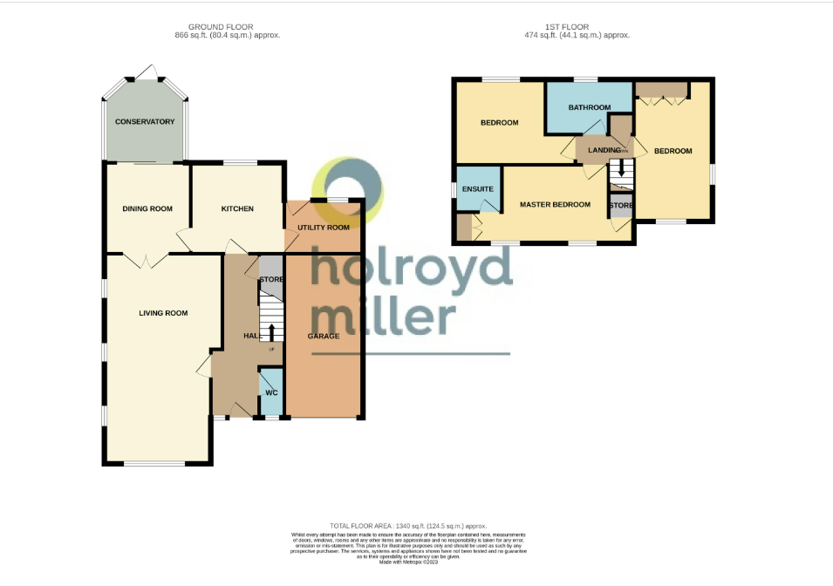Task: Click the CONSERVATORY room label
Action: coord(145,121)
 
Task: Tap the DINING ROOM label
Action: coord(147,209)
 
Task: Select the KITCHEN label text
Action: coord(237,209)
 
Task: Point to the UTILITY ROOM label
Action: coord(323,228)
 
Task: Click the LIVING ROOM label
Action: coord(163,313)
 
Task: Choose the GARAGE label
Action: coord(323,336)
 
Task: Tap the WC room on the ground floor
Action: coord(271,393)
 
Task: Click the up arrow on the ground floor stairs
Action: coord(271,332)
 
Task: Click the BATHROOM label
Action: coord(589,107)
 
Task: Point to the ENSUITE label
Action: coord(478,189)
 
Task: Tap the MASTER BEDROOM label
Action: coord(555,205)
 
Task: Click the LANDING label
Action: coord(604,151)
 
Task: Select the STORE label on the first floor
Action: coord(621,205)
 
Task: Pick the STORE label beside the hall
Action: coord(271,280)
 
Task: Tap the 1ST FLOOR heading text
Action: coord(576,27)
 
